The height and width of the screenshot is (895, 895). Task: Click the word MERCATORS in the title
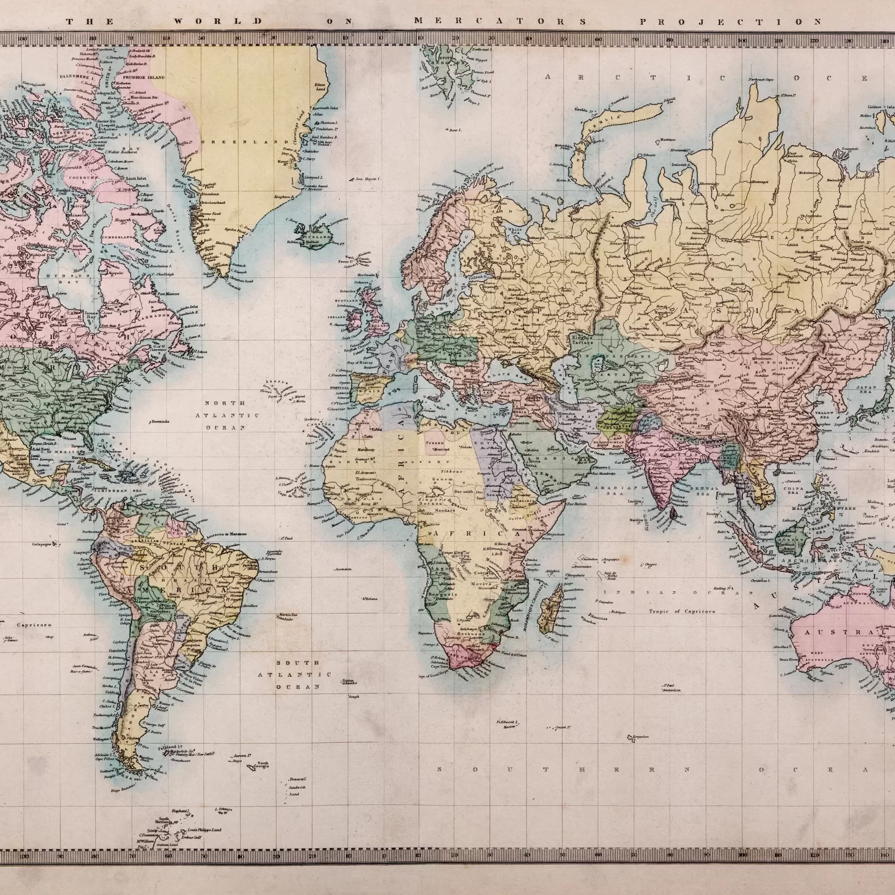tap(500, 21)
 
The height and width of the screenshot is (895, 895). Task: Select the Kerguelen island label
tap(641, 736)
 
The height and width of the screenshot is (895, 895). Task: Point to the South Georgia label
tap(263, 764)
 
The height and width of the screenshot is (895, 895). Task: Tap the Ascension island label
tap(343, 569)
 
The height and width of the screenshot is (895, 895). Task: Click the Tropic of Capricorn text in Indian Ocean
tap(682, 611)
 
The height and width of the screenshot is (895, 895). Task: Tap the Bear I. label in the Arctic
tap(455, 130)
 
